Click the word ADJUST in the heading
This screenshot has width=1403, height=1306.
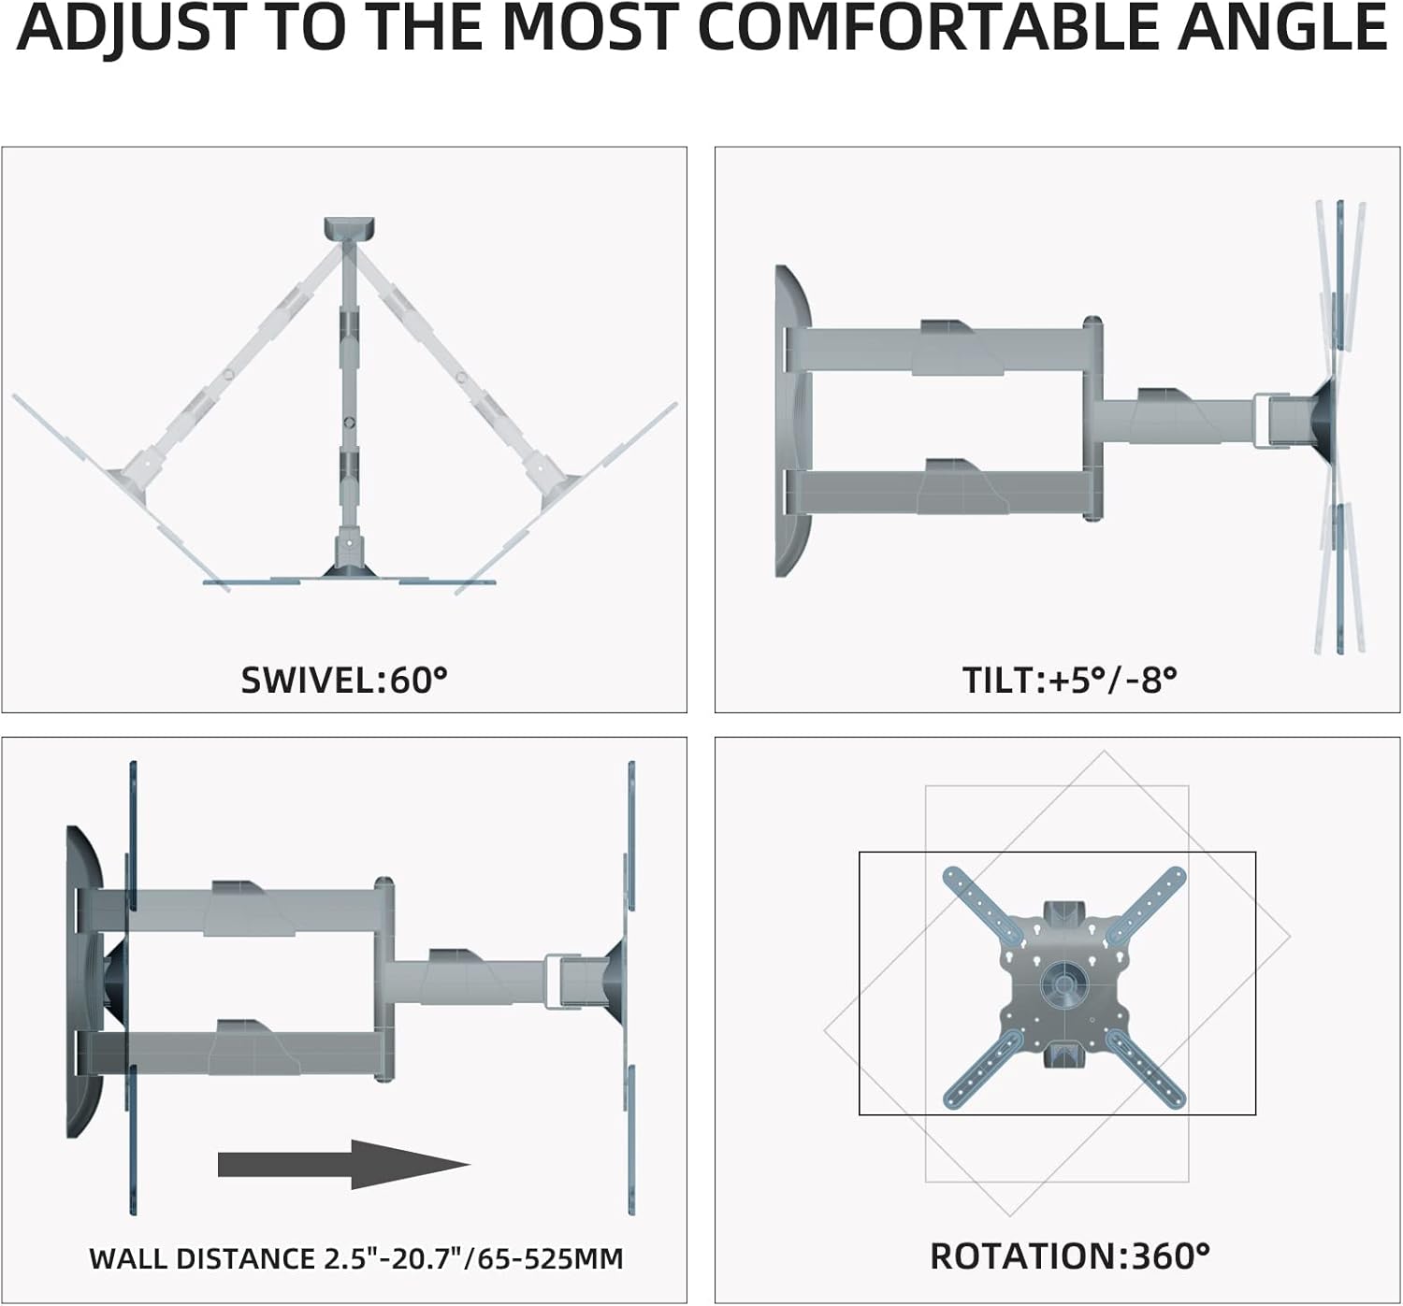[x=131, y=28]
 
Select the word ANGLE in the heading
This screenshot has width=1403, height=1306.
[x=1282, y=28]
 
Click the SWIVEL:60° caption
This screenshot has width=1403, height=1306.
[x=344, y=680]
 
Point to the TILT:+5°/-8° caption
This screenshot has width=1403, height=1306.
[x=1069, y=680]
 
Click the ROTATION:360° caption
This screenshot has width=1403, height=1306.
[x=1069, y=1256]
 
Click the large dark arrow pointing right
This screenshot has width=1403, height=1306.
[x=342, y=1165]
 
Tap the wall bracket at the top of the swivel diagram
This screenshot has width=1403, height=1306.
[x=348, y=229]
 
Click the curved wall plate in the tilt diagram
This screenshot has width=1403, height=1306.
[x=791, y=421]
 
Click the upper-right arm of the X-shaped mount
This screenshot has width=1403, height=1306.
[x=1150, y=902]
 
